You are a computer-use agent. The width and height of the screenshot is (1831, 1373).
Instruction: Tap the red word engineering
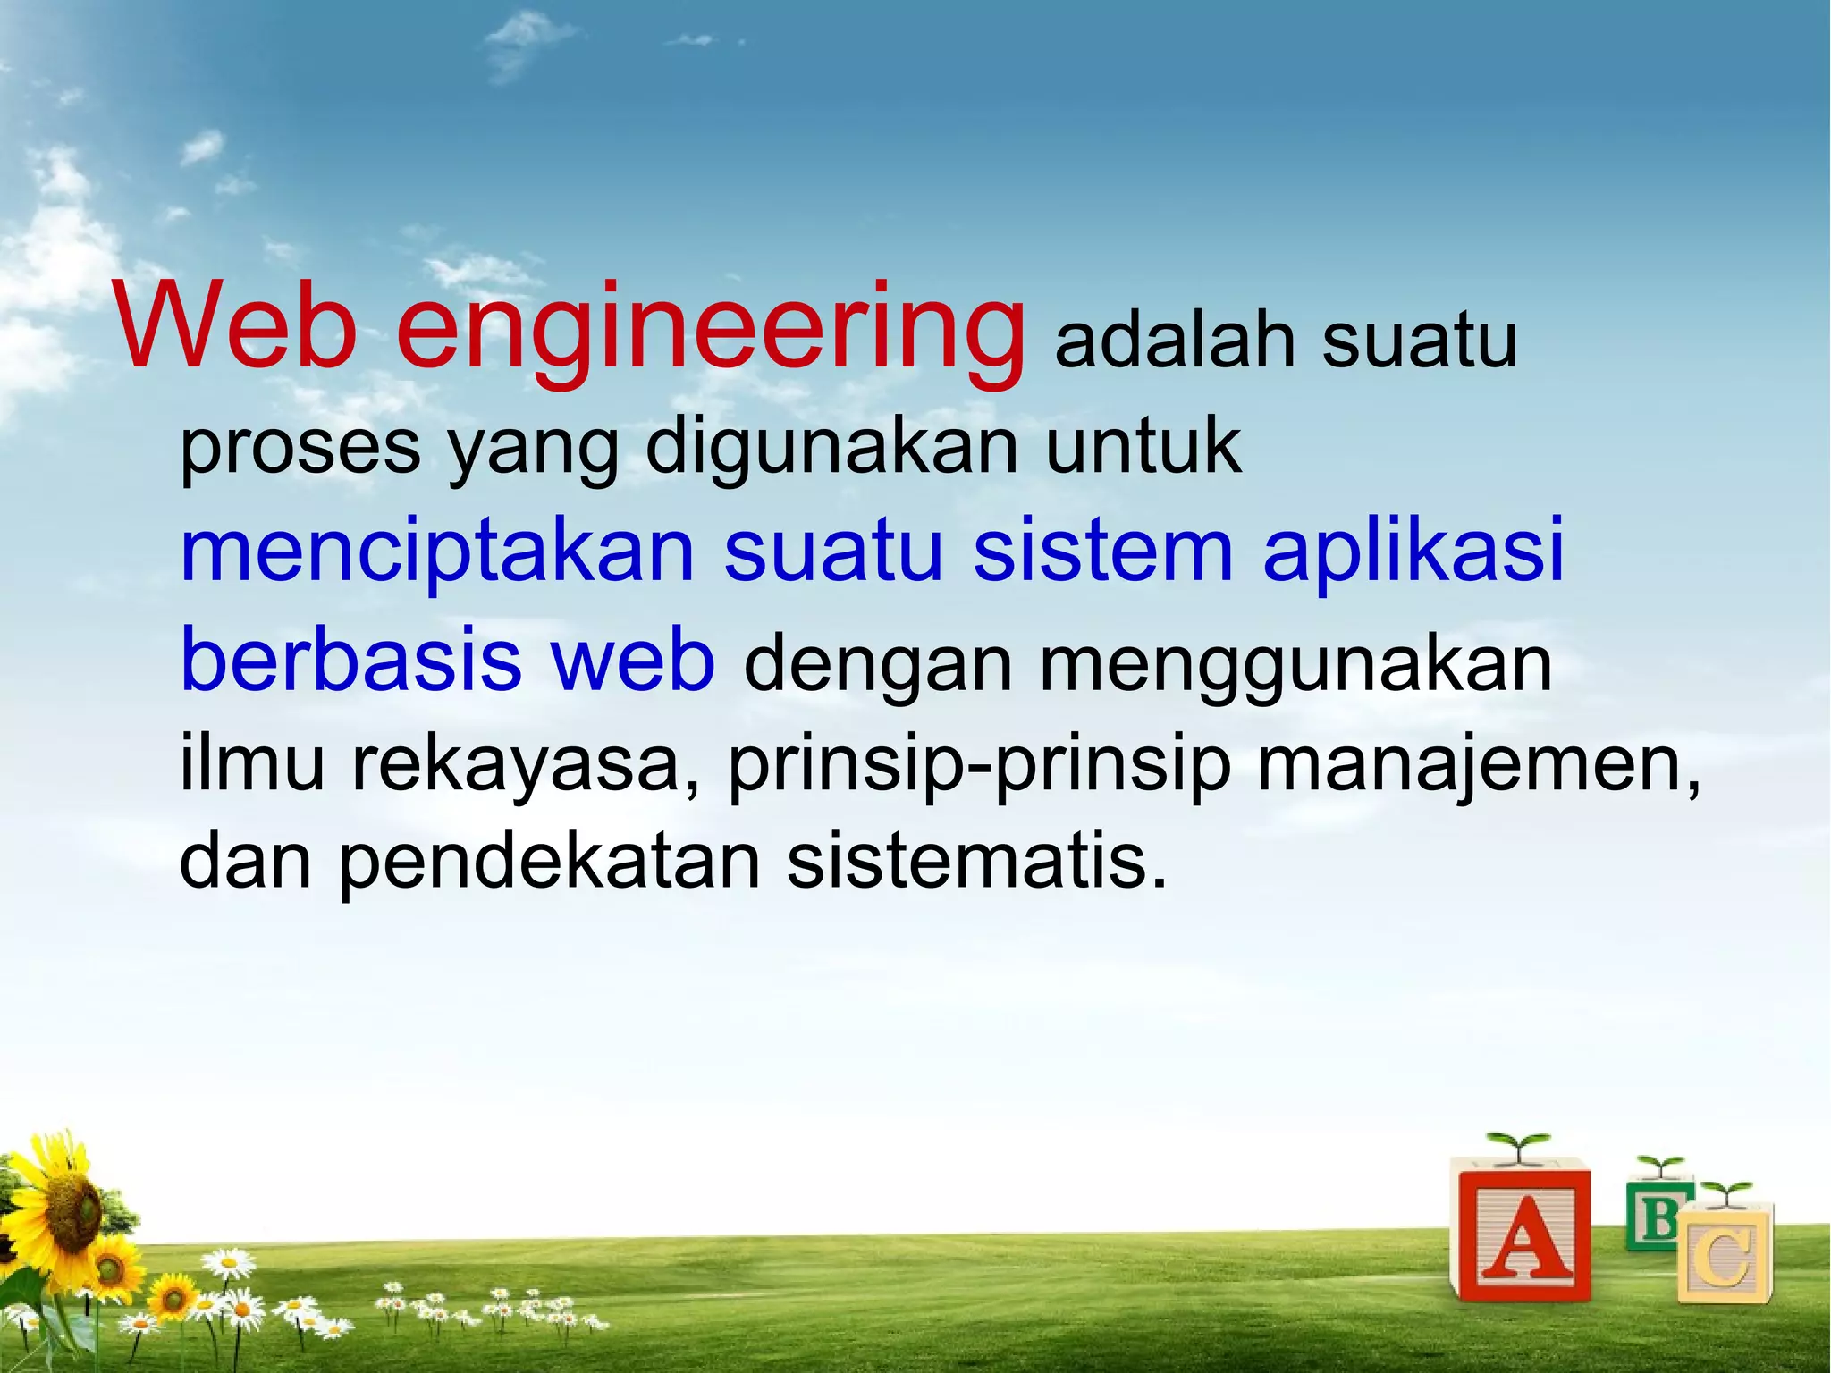coord(711,331)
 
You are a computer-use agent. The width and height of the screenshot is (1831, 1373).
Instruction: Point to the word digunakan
coord(832,447)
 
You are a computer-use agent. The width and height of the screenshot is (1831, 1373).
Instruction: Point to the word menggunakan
coord(1295,666)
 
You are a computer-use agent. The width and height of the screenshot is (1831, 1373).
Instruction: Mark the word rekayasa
coord(516,766)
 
